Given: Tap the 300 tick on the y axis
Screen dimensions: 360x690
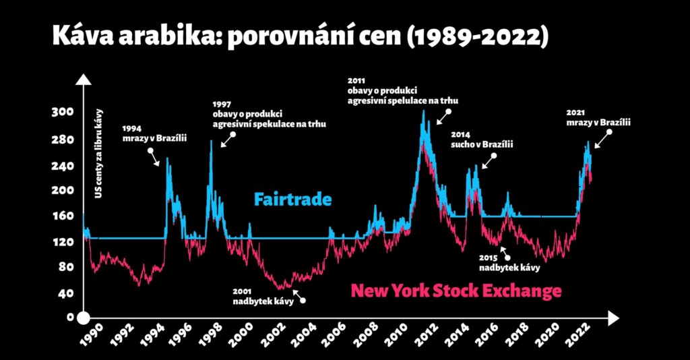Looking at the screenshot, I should (x=63, y=112).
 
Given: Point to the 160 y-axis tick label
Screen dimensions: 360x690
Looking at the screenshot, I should (x=63, y=216).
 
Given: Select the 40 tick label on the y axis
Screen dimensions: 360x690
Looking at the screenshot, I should (x=65, y=293).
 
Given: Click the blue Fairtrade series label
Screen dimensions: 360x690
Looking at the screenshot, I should (x=292, y=200).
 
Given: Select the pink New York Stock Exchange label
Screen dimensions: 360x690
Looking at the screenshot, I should (x=456, y=291).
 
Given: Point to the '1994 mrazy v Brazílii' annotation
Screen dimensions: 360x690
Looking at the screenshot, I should (x=154, y=133).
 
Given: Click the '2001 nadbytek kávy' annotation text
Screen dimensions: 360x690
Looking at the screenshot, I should (x=263, y=297).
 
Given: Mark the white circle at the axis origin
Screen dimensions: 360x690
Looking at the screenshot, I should (x=84, y=318).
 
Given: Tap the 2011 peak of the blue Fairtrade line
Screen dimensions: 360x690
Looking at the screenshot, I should (x=424, y=111).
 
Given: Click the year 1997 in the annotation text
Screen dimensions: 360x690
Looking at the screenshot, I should (x=222, y=104).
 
